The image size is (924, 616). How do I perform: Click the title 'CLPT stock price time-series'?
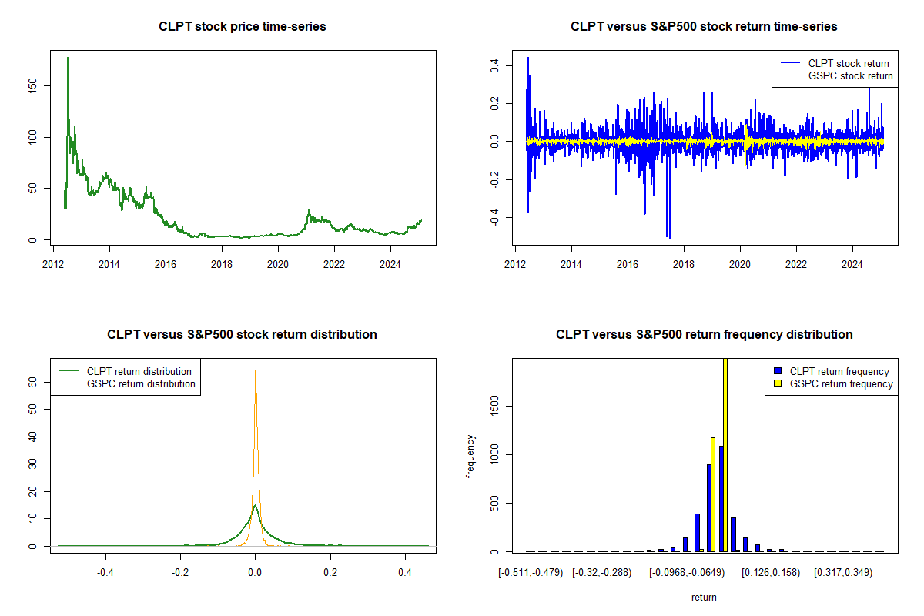pos(243,27)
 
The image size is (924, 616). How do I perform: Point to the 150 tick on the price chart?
pos(32,85)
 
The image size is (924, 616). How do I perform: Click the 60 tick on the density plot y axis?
pos(32,381)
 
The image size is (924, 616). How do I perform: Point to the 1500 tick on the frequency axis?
pos(494,406)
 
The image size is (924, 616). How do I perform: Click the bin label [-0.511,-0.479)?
pos(531,574)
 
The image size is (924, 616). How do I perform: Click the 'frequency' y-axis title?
pos(470,457)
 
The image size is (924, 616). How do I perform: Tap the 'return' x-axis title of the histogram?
pos(704,598)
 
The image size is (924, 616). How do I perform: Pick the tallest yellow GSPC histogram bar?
pos(725,454)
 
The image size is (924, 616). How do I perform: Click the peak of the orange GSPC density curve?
pos(256,370)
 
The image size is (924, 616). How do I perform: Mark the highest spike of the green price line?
pos(68,58)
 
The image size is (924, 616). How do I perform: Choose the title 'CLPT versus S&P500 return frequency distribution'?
pos(704,335)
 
